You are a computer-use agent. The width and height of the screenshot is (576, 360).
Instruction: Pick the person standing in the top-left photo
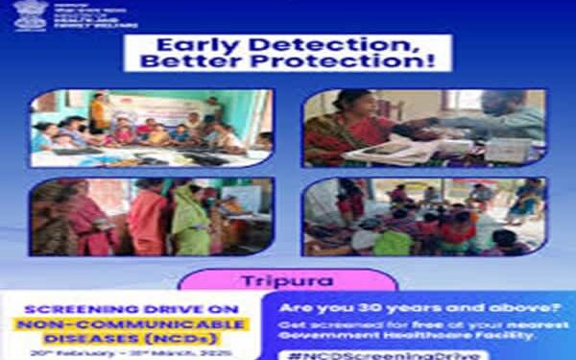(x=98, y=112)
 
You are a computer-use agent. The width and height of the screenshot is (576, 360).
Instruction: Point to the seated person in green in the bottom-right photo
(x=391, y=241)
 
